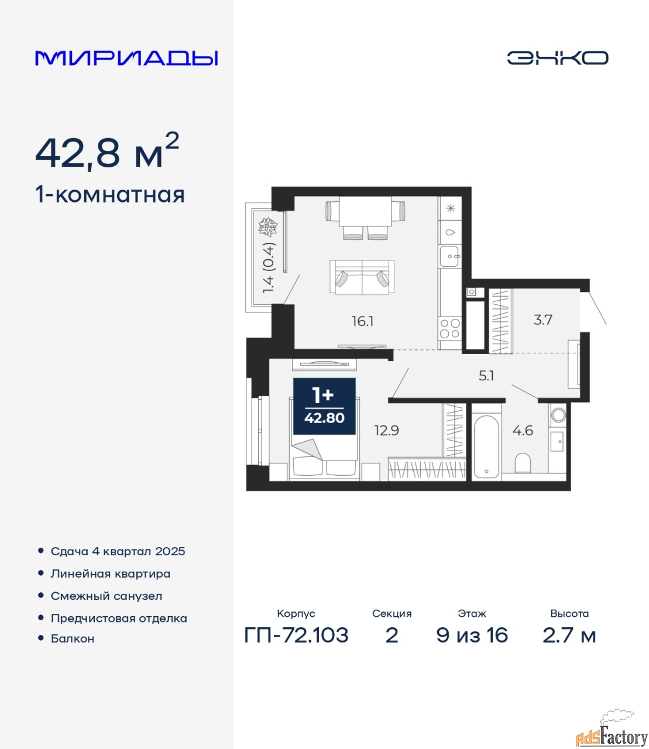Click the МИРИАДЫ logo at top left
tap(126, 58)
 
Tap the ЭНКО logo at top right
tap(557, 58)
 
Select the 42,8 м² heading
tap(107, 151)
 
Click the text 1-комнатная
tap(110, 195)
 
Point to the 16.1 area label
tap(362, 321)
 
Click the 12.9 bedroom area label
tap(387, 431)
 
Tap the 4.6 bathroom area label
tap(523, 431)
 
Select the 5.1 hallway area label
tap(486, 376)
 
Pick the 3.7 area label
tap(542, 319)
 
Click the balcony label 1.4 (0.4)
tap(269, 268)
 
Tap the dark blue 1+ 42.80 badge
tap(324, 406)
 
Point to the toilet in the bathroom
tap(522, 463)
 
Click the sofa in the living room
tap(362, 277)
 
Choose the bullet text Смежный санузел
tap(106, 596)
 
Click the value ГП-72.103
tap(296, 635)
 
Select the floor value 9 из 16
tap(472, 635)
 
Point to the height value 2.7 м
tap(569, 635)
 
